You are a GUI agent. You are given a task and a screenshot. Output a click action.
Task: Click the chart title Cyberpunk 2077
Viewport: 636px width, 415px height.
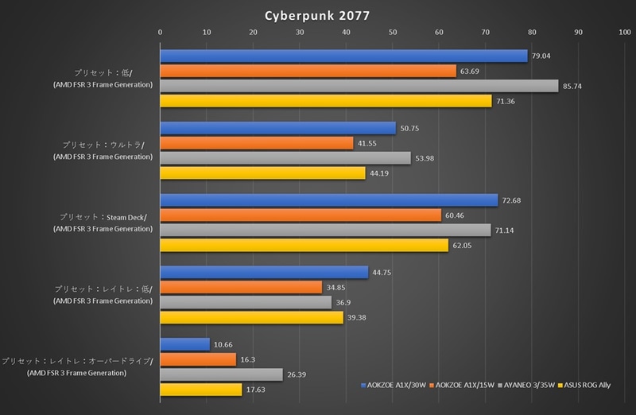(x=318, y=14)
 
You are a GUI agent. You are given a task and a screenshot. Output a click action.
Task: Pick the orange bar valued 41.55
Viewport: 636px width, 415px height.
(x=257, y=143)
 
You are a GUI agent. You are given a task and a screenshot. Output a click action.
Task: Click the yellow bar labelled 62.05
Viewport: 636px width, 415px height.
(x=304, y=246)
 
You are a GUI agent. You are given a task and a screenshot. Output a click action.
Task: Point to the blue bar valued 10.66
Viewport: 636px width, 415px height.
(x=185, y=344)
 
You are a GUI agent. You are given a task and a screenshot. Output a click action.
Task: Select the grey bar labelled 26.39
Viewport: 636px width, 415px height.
(x=222, y=374)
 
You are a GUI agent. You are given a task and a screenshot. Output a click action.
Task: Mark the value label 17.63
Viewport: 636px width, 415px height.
(x=256, y=390)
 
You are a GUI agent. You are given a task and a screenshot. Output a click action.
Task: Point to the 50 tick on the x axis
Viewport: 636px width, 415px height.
(x=393, y=32)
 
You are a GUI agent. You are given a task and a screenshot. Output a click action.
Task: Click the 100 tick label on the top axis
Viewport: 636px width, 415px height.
(x=624, y=32)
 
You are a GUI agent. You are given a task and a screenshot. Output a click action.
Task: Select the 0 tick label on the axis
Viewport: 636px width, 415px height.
(x=161, y=32)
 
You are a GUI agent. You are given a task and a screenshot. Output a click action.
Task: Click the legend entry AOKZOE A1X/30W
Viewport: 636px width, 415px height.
(x=393, y=385)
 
